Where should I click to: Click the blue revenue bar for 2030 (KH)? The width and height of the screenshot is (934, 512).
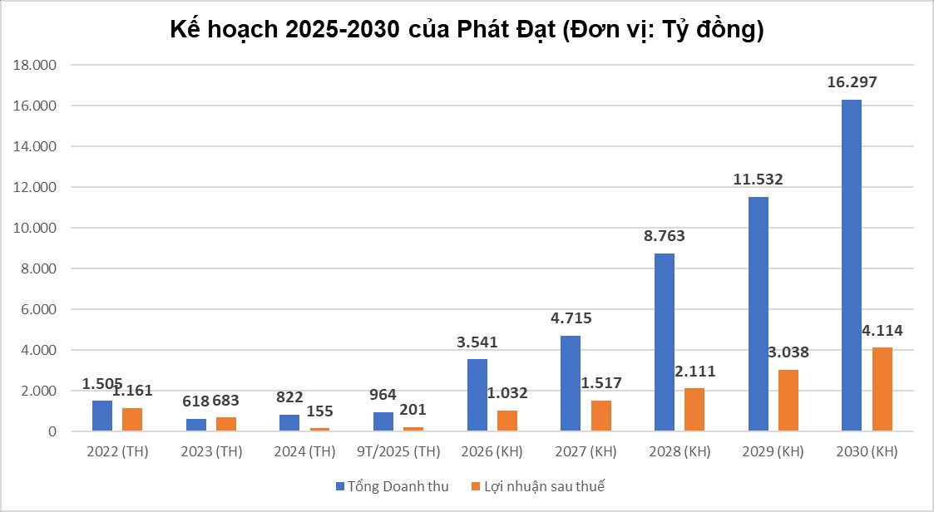tap(852, 266)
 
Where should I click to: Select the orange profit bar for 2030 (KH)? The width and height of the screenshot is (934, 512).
tap(882, 389)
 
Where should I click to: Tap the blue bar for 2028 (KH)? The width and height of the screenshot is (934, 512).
tap(665, 342)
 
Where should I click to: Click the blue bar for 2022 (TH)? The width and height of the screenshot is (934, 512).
tap(102, 416)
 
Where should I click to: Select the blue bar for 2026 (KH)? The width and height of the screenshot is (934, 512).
tap(477, 395)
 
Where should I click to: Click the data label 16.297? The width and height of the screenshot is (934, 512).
tap(852, 82)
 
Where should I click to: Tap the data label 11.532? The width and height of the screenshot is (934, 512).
tap(758, 179)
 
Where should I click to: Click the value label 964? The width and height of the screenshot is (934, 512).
tap(383, 394)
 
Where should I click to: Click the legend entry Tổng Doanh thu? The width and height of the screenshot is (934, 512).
tap(393, 486)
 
